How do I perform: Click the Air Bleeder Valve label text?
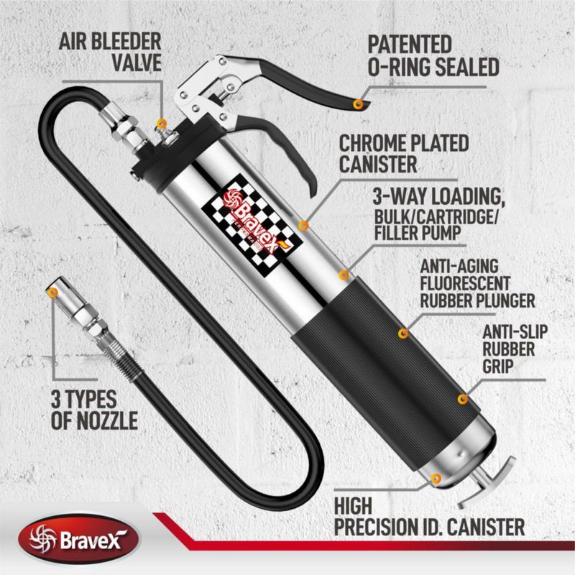coord(110,52)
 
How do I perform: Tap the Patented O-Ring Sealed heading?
coord(433,56)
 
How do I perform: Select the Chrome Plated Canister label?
coord(404,154)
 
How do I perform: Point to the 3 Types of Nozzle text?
coord(94,409)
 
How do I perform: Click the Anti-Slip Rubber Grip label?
coord(515,349)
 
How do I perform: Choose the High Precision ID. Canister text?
coord(429,517)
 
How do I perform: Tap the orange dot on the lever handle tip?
coord(358,104)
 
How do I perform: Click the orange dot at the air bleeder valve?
coord(161,124)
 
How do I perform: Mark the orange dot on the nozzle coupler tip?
coord(53,293)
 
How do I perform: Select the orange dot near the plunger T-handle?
coord(436,479)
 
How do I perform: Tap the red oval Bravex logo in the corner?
coord(78,540)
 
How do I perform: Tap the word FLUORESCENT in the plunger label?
coord(464,283)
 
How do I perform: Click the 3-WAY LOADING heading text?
coord(438,197)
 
